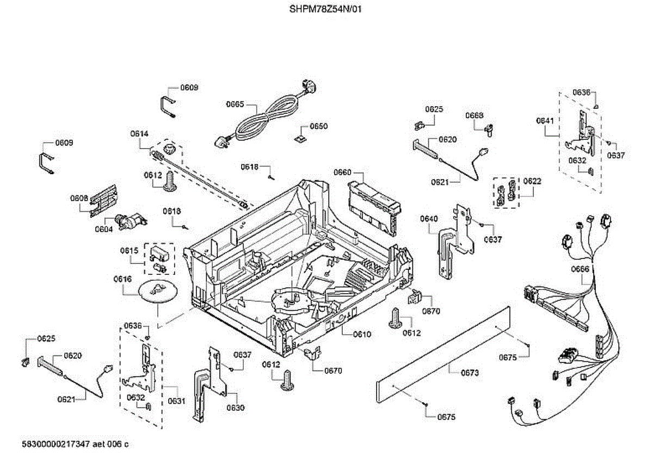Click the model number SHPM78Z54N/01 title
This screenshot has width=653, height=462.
(325, 9)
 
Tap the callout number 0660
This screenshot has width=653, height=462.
(343, 173)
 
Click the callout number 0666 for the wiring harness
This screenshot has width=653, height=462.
(581, 269)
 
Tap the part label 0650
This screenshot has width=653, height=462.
(319, 126)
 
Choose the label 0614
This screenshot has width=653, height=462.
(139, 133)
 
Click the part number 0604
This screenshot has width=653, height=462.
(104, 229)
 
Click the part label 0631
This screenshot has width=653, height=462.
(176, 402)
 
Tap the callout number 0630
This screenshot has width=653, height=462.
(236, 408)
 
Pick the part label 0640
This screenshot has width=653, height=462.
(429, 219)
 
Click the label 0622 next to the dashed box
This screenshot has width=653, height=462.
(532, 181)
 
